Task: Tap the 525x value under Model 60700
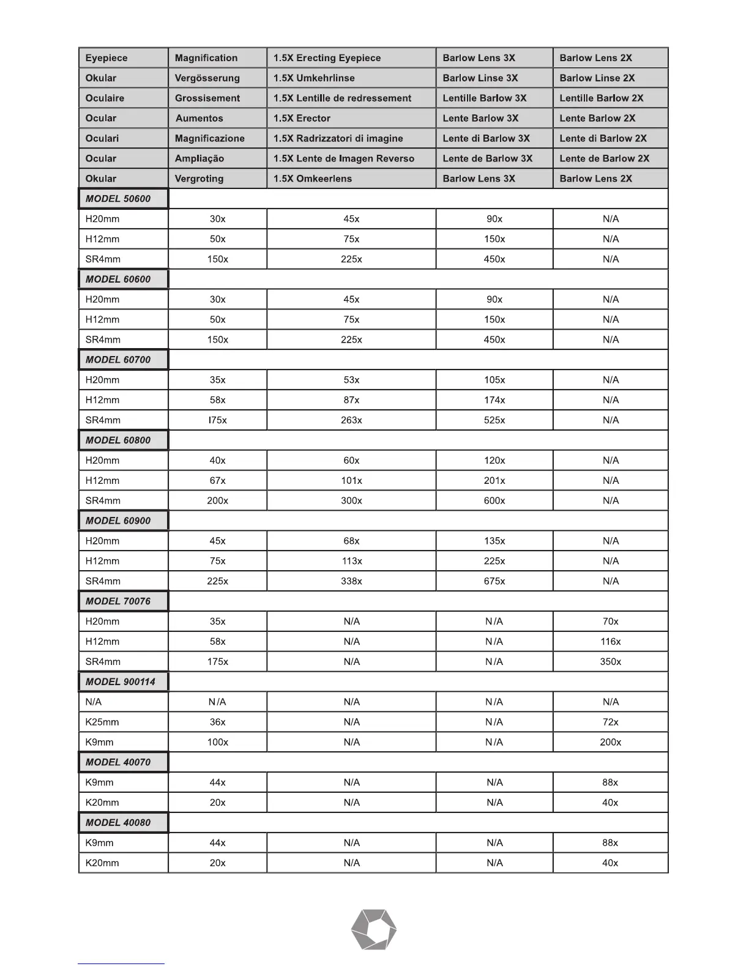click(x=494, y=420)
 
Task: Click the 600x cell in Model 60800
click(x=494, y=500)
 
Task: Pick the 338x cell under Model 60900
click(x=351, y=581)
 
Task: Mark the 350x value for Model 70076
click(x=610, y=661)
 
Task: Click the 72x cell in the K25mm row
click(x=610, y=722)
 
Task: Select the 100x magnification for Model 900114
click(x=217, y=742)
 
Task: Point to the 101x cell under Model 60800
click(x=351, y=480)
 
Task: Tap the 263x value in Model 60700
click(x=351, y=420)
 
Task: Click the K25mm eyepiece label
click(x=102, y=722)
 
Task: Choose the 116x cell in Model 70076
click(x=610, y=641)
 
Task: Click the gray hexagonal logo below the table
click(x=374, y=929)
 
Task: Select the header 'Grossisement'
click(x=207, y=98)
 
